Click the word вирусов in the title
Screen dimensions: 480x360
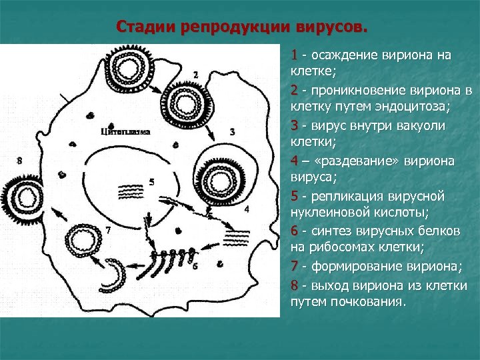pos(331,27)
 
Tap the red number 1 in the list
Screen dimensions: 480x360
pos(294,55)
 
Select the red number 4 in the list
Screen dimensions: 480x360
pos(294,161)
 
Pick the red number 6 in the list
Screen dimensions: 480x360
pos(294,231)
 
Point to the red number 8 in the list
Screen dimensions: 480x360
pos(294,285)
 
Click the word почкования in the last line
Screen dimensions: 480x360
pos(366,302)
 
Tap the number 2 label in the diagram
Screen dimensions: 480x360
pos(195,73)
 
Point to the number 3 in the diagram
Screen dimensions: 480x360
pos(231,132)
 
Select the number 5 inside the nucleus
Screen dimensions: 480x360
pos(153,181)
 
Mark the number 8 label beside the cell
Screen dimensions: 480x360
pos(19,161)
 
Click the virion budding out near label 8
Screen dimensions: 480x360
pos(28,196)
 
